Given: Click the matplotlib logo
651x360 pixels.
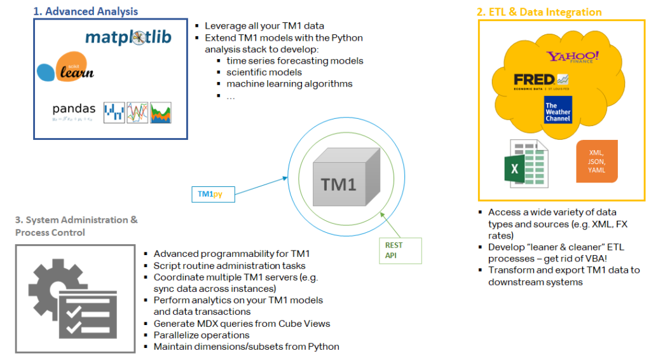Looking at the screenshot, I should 128,37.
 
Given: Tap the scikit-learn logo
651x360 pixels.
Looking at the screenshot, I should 65,69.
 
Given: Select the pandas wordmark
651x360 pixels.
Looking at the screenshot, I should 74,109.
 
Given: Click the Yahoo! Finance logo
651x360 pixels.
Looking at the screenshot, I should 573,57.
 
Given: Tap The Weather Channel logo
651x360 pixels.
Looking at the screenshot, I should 558,109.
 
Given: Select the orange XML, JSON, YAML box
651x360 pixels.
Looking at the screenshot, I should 596,162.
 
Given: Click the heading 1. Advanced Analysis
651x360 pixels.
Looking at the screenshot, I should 85,11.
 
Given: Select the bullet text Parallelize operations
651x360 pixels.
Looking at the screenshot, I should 202,335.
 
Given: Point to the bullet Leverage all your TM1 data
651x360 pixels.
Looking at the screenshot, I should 264,26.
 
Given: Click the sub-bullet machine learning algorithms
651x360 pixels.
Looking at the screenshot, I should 289,83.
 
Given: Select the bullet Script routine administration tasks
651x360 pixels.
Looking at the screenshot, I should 230,265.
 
